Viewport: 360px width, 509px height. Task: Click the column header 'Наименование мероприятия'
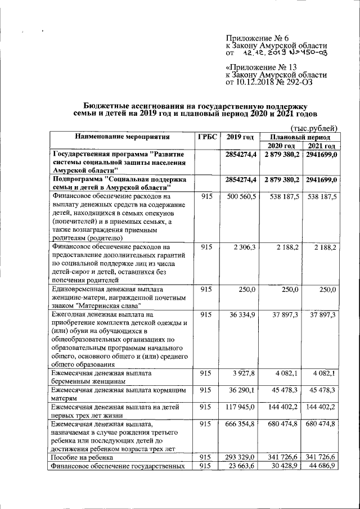pos(120,137)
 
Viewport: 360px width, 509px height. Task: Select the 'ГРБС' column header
pos(208,137)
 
